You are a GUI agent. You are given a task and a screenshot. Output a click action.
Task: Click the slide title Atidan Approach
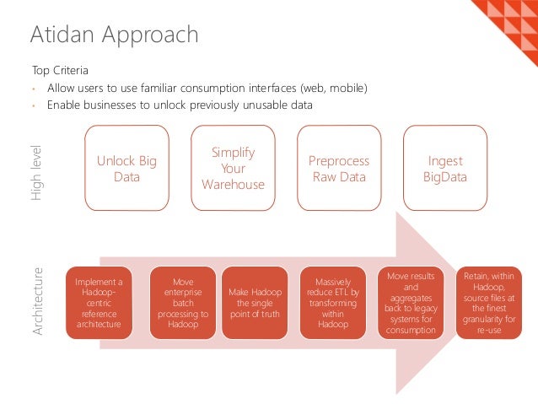click(x=115, y=35)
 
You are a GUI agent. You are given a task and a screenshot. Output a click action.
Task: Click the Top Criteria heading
click(x=60, y=70)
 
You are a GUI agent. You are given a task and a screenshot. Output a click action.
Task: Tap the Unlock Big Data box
click(x=126, y=169)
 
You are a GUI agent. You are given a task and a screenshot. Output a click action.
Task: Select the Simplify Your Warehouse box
click(x=233, y=168)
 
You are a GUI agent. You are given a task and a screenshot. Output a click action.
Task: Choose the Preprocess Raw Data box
click(x=339, y=169)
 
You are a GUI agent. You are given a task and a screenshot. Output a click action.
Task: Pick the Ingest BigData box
click(x=445, y=169)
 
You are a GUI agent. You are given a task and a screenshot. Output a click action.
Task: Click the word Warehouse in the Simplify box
click(x=233, y=185)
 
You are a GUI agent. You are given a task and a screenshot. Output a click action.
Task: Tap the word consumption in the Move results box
click(x=411, y=331)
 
